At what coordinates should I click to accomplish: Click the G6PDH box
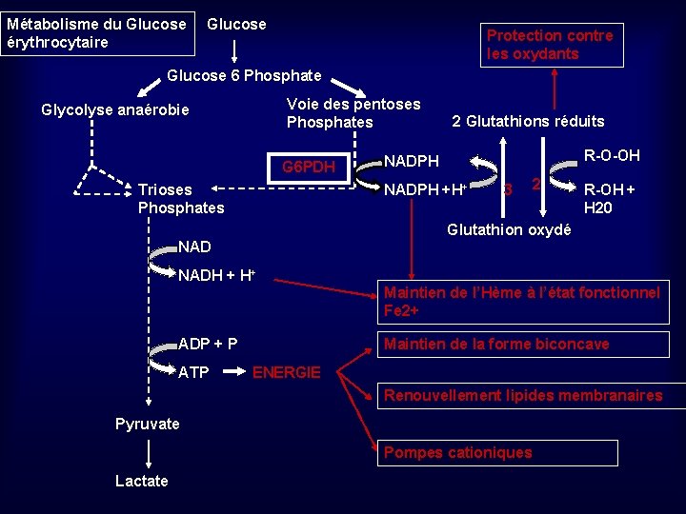(310, 168)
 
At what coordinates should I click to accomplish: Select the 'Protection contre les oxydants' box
(550, 45)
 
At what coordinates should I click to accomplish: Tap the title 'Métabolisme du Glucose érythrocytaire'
(96, 33)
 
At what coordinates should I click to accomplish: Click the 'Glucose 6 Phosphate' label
(244, 75)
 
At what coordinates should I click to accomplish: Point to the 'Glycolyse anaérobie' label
(115, 110)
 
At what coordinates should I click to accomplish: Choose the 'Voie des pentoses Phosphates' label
(353, 112)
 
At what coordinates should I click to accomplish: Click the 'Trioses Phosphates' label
(181, 198)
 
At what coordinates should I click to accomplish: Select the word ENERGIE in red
(286, 372)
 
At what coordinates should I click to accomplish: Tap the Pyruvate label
(147, 424)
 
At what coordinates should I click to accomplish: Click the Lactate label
(141, 481)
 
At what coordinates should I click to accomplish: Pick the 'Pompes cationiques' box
(457, 452)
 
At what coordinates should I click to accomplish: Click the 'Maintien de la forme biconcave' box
(495, 344)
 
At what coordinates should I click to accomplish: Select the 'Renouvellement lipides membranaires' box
(522, 395)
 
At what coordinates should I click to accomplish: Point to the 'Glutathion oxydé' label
(509, 229)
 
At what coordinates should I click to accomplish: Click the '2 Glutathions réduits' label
(527, 121)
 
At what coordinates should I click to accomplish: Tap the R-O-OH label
(612, 155)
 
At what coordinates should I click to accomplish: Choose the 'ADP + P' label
(209, 344)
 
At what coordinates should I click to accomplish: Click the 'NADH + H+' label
(216, 276)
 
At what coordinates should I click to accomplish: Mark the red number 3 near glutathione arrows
(508, 188)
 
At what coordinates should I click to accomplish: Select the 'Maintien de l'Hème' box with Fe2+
(521, 302)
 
